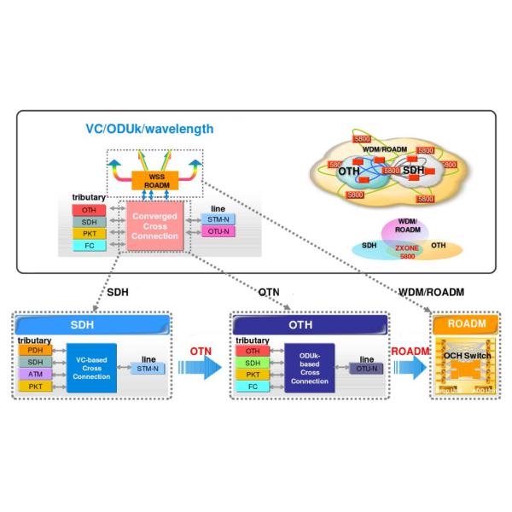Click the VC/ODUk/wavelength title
(x=149, y=130)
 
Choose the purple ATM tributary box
(x=34, y=375)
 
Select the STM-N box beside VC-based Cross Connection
(x=148, y=369)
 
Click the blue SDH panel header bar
(x=95, y=326)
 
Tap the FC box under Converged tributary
(x=89, y=246)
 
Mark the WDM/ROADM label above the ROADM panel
(x=431, y=292)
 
